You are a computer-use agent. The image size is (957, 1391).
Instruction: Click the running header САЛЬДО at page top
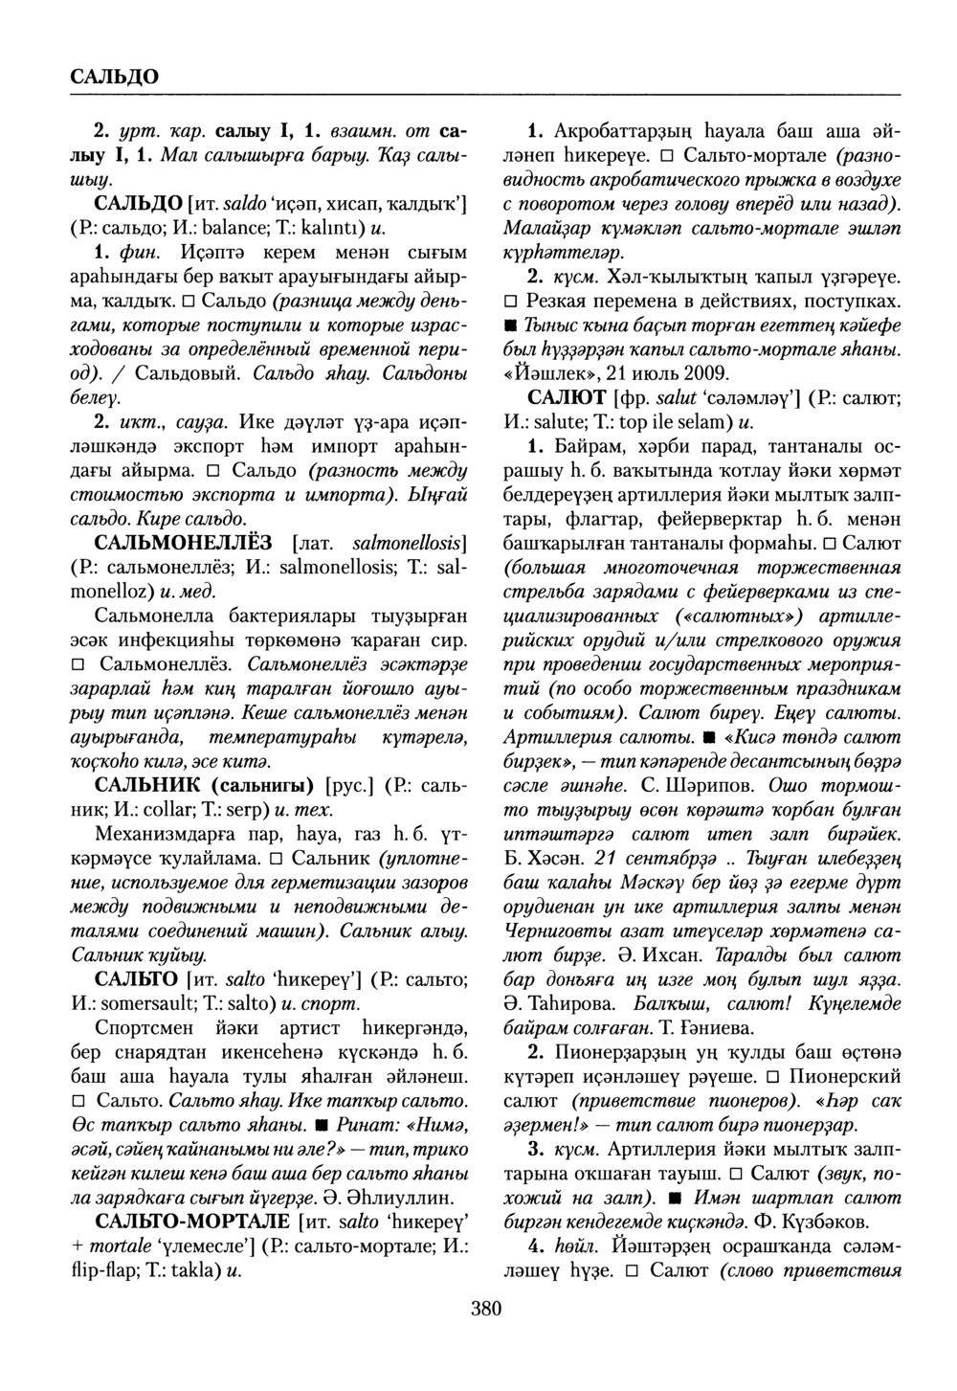114,75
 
